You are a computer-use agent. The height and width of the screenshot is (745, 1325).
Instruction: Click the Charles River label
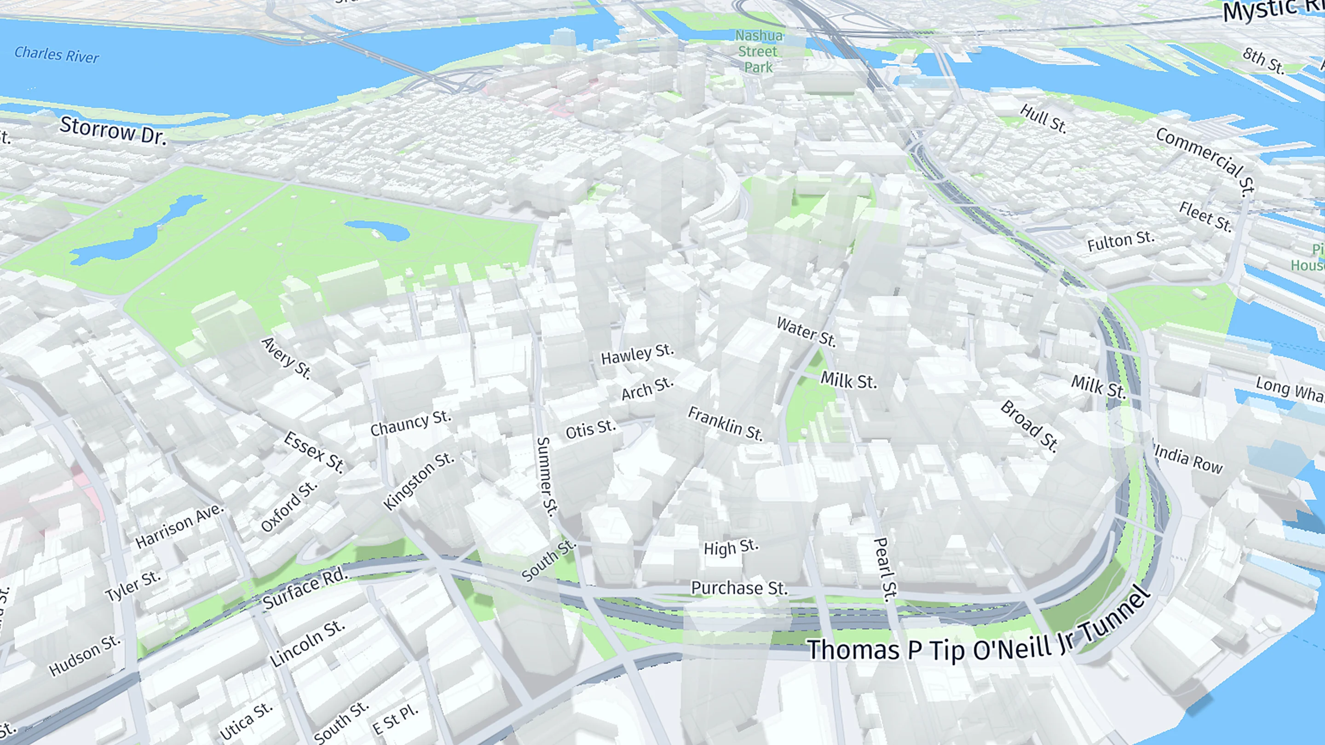pos(56,54)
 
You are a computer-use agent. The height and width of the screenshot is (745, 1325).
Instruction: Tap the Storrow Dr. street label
pos(113,130)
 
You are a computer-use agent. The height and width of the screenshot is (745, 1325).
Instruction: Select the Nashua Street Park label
pos(758,52)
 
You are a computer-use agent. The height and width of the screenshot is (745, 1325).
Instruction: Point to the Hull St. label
pos(1043,118)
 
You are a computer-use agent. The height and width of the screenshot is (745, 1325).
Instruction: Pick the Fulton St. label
pos(1121,241)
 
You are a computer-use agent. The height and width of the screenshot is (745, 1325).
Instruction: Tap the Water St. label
pos(806,331)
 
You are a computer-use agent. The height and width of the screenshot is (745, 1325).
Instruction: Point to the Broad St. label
pos(1029,426)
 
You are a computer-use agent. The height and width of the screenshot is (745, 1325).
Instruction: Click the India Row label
pos(1188,459)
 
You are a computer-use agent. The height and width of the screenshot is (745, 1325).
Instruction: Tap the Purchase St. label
pos(738,588)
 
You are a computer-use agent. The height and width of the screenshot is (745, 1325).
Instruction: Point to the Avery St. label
pos(287,358)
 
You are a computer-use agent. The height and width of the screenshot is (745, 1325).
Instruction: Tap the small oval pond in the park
pos(377,231)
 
